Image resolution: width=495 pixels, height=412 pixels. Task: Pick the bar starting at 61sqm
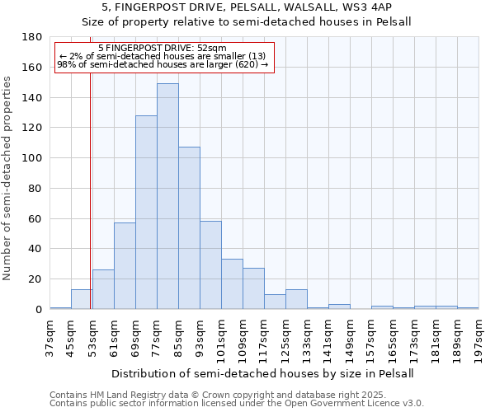(x=125, y=265)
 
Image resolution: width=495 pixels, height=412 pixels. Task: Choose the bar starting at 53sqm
(x=103, y=289)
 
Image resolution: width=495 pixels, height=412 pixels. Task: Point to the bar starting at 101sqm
(x=232, y=284)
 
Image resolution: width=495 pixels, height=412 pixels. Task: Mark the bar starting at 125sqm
(x=296, y=299)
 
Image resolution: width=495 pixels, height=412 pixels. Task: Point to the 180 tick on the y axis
(x=33, y=37)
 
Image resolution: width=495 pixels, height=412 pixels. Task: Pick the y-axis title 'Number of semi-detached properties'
(x=8, y=178)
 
